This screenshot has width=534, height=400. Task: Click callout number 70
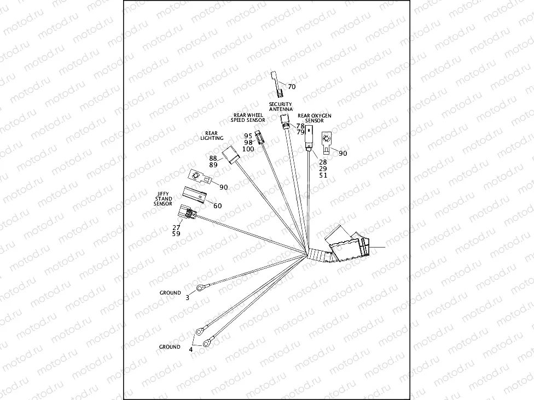point(291,87)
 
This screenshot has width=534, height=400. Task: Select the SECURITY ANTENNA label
point(280,107)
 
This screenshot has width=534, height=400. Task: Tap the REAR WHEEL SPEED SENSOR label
point(248,117)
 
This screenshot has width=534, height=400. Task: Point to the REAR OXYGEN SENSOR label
point(314,118)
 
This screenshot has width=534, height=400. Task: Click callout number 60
point(217,206)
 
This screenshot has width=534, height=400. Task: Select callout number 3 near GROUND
point(188,298)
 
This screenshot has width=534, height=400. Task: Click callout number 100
point(248,149)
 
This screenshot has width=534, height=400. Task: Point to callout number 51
point(323,175)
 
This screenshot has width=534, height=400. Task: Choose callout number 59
point(176,234)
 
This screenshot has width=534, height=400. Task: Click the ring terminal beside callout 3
point(201,287)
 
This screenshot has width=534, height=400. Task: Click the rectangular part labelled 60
point(195,194)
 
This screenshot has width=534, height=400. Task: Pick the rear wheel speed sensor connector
point(262,137)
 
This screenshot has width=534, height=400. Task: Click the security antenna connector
point(285,120)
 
